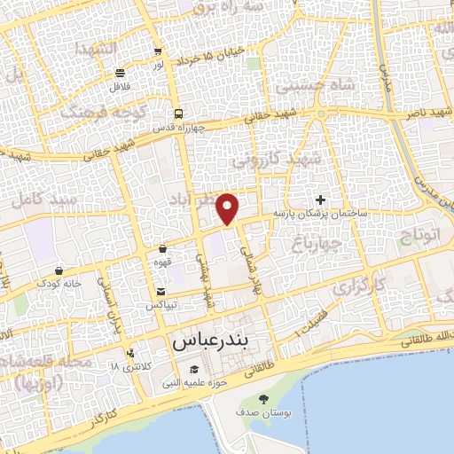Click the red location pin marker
click(229, 208)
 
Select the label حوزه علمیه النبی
click(196, 383)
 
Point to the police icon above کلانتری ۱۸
click(131, 353)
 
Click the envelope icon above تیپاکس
click(160, 292)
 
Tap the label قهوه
click(163, 263)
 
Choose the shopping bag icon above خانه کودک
click(59, 270)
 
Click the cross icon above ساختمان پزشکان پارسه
click(320, 200)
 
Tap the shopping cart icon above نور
click(158, 51)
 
